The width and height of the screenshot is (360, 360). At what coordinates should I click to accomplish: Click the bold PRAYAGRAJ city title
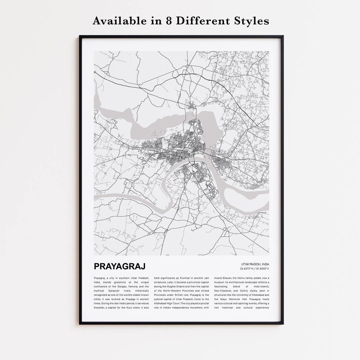(120, 266)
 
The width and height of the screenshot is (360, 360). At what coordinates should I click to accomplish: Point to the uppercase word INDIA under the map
(265, 264)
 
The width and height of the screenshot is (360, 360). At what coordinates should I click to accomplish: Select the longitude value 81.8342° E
(262, 269)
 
